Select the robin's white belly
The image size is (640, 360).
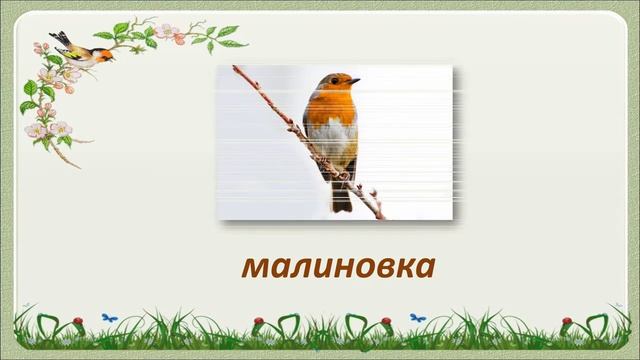pyautogui.click(x=335, y=145)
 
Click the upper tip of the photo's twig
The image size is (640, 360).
pyautogui.click(x=234, y=68)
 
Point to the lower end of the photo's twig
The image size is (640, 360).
pyautogui.click(x=381, y=216)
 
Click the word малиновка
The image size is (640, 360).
pyautogui.click(x=338, y=267)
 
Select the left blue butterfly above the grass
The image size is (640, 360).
pyautogui.click(x=109, y=317)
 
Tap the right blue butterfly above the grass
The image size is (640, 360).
pyautogui.click(x=417, y=317)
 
